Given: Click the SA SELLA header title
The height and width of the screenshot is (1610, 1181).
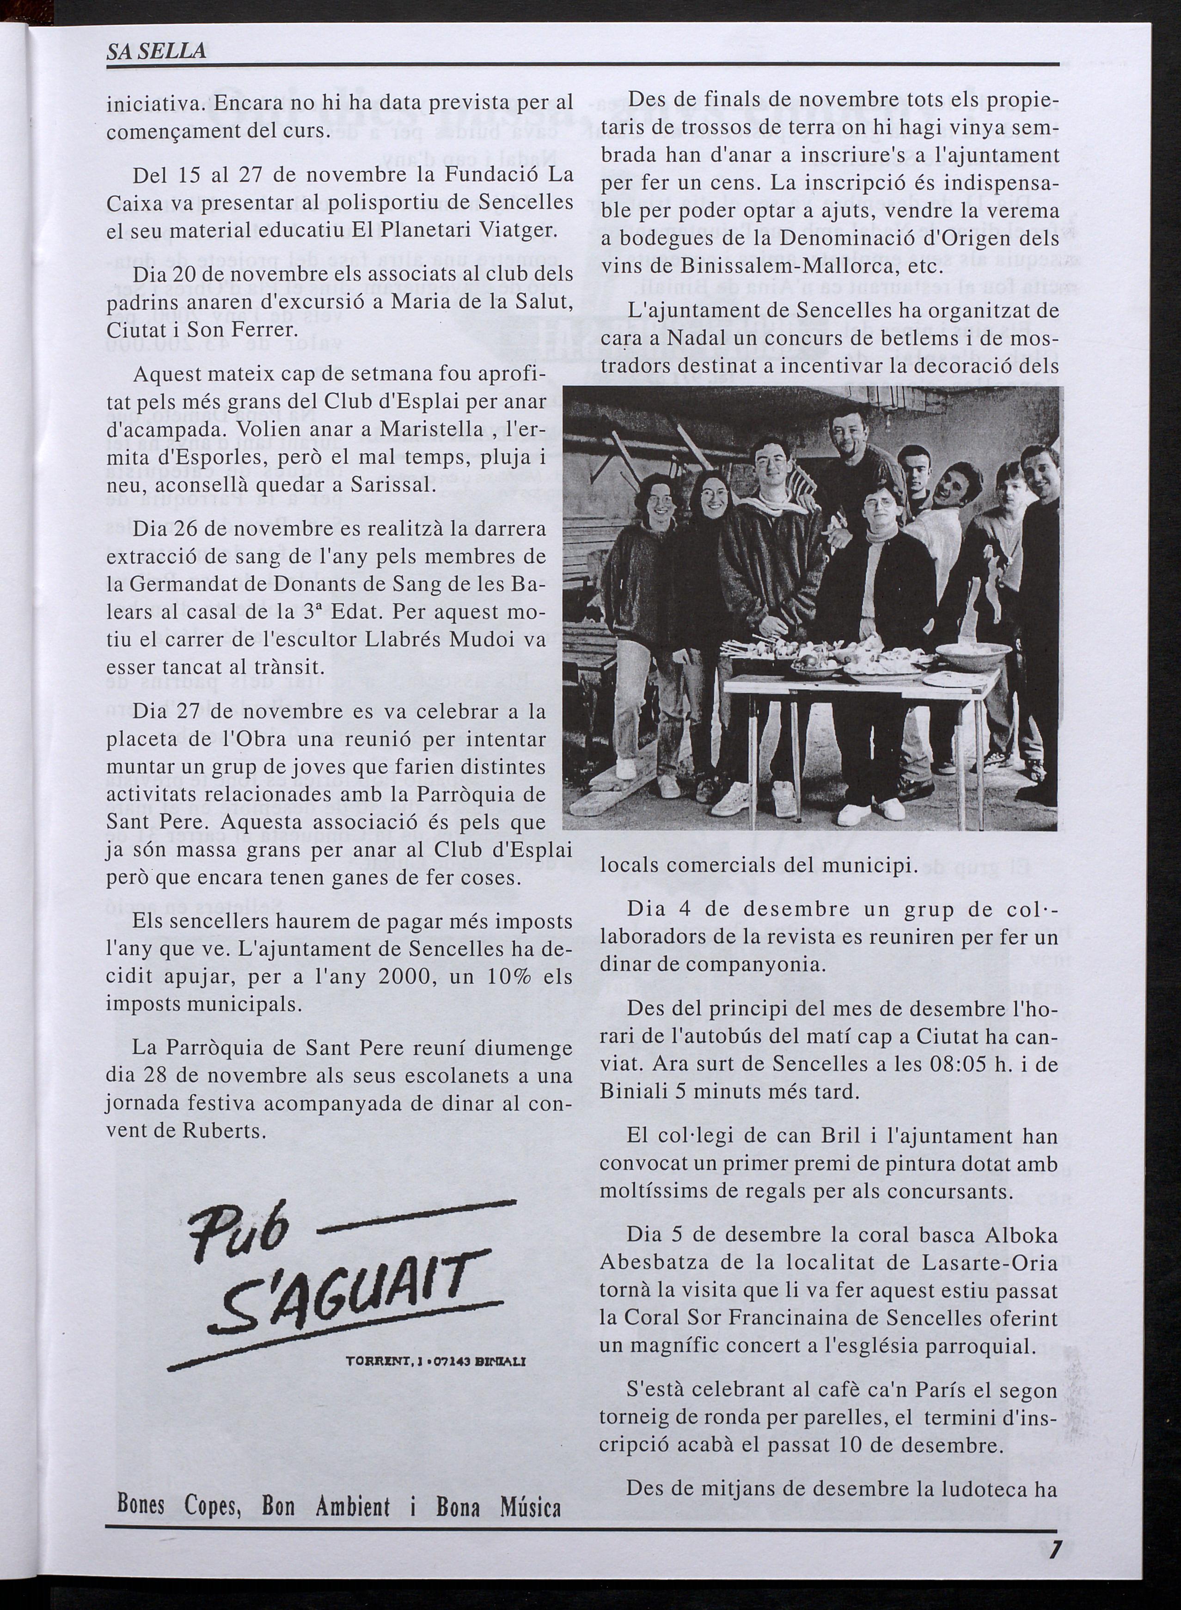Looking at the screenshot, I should tap(156, 51).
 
